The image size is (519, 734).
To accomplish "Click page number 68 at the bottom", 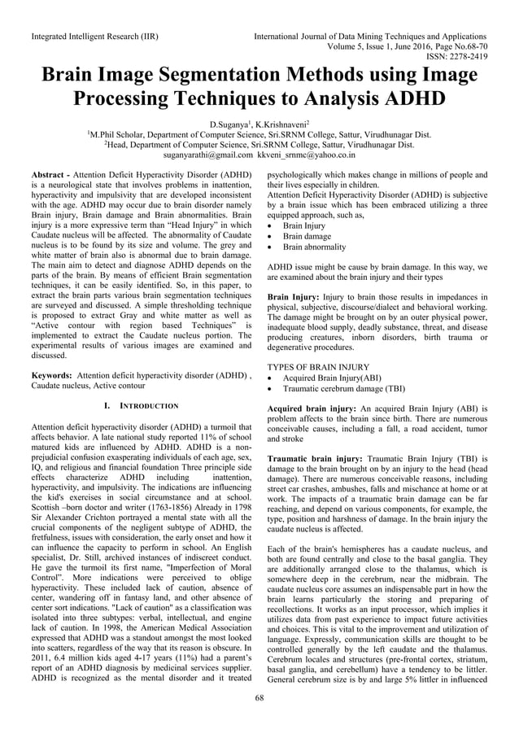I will (x=259, y=720).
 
